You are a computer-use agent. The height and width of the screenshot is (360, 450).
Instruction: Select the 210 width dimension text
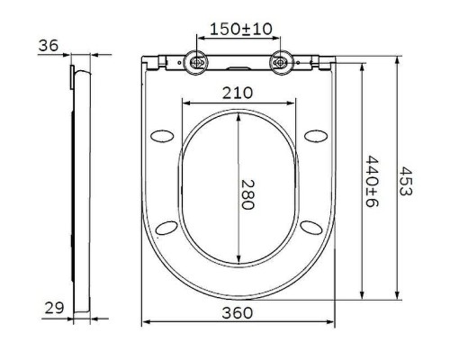pos(238,92)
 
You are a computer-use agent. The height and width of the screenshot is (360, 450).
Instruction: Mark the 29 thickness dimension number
pos(54,308)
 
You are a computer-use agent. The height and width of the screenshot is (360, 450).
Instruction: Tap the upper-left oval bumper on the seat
pos(164,135)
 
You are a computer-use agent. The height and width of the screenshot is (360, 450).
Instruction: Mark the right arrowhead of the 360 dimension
pos(332,321)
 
